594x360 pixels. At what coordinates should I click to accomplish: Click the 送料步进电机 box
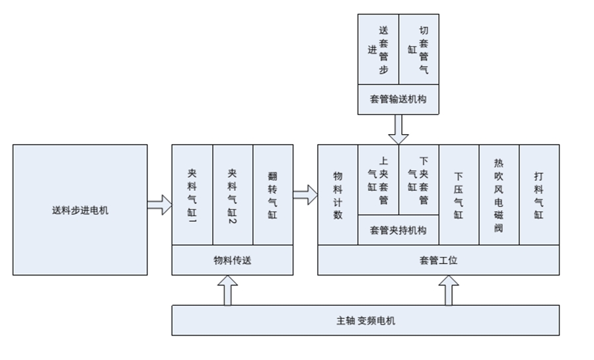[x=80, y=210]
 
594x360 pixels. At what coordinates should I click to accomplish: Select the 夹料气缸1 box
[x=192, y=195]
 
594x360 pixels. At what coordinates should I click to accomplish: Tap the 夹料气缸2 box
[x=233, y=195]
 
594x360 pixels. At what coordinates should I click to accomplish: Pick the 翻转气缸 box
[x=273, y=195]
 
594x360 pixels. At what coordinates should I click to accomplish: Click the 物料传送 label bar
[x=233, y=260]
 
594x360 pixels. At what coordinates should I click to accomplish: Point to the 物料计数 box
[x=338, y=195]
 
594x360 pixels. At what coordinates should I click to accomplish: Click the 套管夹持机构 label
[x=398, y=231]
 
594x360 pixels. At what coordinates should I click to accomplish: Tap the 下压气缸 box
[x=459, y=195]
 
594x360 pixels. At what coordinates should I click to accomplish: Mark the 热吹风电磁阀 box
[x=499, y=195]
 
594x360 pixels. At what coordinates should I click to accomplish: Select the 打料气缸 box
[x=539, y=195]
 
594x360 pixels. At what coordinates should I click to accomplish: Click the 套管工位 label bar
[x=439, y=260]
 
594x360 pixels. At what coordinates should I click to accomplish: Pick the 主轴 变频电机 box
[x=365, y=320]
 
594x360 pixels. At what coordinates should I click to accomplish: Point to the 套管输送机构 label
[x=398, y=98]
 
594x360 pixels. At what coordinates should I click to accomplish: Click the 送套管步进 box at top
[x=378, y=50]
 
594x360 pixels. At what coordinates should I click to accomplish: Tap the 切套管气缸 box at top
[x=419, y=50]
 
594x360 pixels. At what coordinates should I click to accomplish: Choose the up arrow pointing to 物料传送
[x=228, y=290]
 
